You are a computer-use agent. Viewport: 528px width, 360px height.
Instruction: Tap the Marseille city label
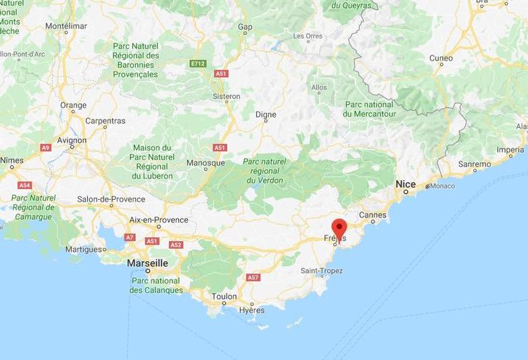click(147, 262)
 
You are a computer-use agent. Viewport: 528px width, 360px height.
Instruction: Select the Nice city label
click(406, 184)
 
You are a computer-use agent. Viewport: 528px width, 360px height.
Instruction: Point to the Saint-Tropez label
click(322, 271)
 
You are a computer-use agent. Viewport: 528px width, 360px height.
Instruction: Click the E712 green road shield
click(197, 63)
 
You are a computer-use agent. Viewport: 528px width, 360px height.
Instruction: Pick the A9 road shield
click(46, 147)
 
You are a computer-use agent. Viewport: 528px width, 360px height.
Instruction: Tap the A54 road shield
click(24, 185)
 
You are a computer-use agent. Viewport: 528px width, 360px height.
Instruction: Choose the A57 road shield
click(253, 278)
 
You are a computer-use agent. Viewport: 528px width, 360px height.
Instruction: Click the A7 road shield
click(130, 237)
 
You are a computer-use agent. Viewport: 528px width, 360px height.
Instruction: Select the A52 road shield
click(176, 245)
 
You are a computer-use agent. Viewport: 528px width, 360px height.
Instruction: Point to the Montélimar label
click(66, 26)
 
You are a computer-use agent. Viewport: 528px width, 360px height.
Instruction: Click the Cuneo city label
click(441, 58)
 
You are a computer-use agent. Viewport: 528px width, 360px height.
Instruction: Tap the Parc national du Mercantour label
click(368, 109)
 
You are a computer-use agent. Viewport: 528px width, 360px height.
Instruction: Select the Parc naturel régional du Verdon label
click(264, 171)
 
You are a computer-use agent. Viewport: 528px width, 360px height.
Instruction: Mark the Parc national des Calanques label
click(156, 285)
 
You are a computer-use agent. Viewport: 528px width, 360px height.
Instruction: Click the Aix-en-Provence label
click(160, 220)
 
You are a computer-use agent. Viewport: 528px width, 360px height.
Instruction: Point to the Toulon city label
click(224, 297)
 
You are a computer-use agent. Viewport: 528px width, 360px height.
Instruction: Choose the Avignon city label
click(72, 140)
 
